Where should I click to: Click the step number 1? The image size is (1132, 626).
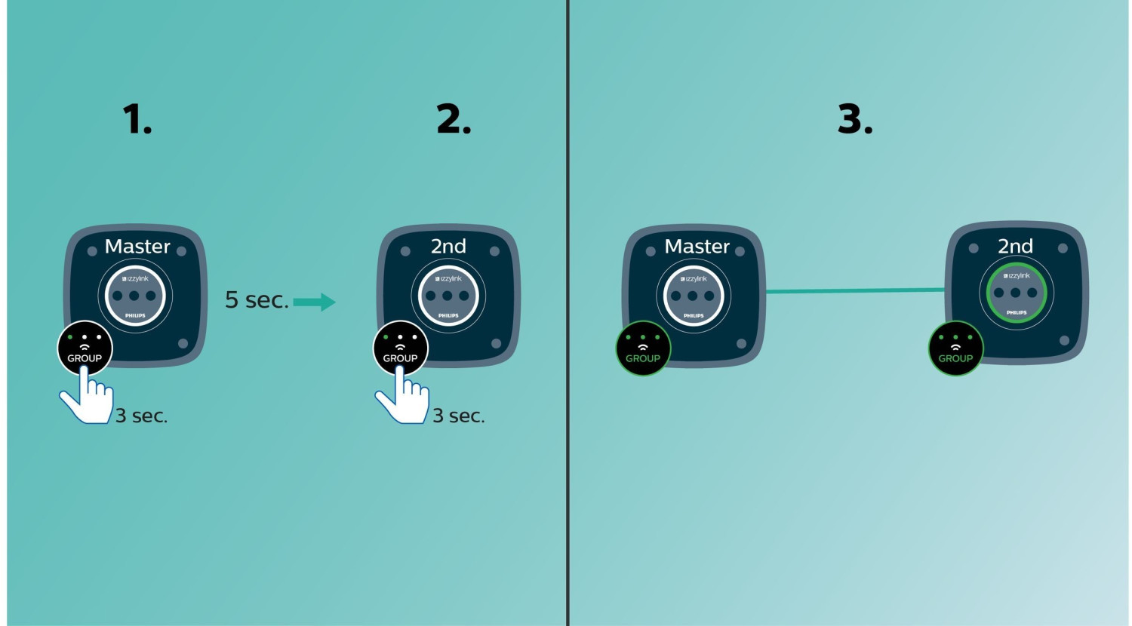click(137, 119)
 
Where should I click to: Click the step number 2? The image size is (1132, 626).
click(454, 119)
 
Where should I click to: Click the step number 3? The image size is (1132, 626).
click(855, 119)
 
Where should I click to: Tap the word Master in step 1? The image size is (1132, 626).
click(137, 246)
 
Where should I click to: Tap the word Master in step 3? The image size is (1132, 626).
click(697, 246)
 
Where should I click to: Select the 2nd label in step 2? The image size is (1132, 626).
click(448, 246)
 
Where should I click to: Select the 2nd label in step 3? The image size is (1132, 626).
click(1015, 246)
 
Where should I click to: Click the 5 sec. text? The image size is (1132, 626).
click(257, 300)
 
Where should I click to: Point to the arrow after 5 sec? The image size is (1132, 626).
click(315, 302)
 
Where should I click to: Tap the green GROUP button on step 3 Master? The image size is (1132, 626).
click(643, 348)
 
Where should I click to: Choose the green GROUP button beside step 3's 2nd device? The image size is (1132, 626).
click(955, 348)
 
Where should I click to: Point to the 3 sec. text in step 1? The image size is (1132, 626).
click(141, 416)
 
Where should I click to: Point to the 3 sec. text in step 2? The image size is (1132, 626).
click(458, 416)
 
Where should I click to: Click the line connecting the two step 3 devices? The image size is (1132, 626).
click(854, 290)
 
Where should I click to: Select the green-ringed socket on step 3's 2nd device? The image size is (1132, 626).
click(1015, 293)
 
